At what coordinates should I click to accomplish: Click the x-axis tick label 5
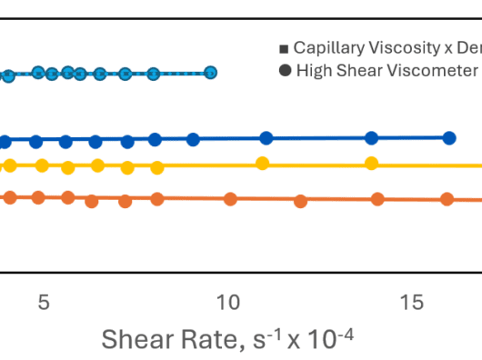(x=44, y=302)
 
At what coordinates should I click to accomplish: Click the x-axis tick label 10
(x=228, y=302)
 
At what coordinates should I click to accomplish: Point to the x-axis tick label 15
(x=412, y=302)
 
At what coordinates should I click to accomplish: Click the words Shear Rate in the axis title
(x=169, y=339)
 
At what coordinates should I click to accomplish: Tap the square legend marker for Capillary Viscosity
(x=284, y=49)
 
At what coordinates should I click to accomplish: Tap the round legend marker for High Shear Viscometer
(x=285, y=70)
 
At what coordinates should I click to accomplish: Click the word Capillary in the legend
(x=329, y=48)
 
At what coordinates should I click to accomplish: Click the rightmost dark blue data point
(x=449, y=138)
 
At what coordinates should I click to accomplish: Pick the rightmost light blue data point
(x=210, y=73)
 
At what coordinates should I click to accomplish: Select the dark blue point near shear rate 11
(x=266, y=138)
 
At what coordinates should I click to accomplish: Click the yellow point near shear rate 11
(x=263, y=163)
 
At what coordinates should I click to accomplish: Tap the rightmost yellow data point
(x=371, y=163)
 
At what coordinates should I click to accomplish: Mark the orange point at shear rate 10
(x=230, y=199)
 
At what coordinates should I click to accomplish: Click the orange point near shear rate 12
(x=301, y=202)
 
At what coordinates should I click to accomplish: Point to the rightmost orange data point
(x=447, y=199)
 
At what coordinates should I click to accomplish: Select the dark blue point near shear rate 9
(x=193, y=139)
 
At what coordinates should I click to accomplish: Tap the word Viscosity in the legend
(x=405, y=48)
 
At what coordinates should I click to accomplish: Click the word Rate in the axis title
(x=209, y=339)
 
